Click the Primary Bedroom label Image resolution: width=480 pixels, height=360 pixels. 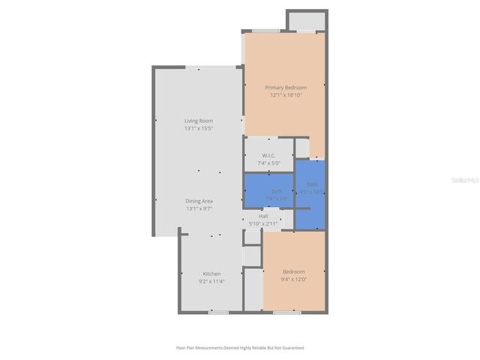(285, 88)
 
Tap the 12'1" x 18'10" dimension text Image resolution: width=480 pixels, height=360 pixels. (285, 95)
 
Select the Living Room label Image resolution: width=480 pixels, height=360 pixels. (199, 121)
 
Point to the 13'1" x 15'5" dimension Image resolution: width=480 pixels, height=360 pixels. (199, 128)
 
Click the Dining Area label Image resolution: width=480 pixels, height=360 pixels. (199, 201)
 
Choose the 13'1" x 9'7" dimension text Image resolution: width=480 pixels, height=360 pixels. (199, 208)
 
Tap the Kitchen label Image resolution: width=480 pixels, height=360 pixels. (211, 274)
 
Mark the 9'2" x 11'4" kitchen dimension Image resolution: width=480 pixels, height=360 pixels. (211, 282)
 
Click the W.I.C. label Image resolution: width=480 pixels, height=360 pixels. (268, 155)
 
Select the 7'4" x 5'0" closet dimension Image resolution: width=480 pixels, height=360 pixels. (268, 163)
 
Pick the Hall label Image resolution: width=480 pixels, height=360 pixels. (263, 216)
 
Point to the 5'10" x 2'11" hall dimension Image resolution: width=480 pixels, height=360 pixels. (263, 223)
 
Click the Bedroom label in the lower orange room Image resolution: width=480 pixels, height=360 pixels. (293, 271)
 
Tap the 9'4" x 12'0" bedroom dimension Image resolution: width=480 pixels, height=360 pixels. (293, 279)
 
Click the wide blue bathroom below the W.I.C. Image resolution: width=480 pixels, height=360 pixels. (268, 190)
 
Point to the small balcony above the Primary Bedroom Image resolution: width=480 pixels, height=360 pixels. (306, 21)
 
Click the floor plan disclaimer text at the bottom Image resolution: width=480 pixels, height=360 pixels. (240, 348)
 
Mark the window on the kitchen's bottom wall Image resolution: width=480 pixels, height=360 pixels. (218, 311)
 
